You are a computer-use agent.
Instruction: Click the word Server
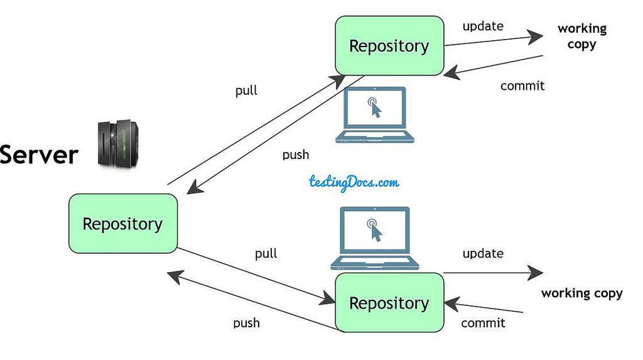(39, 155)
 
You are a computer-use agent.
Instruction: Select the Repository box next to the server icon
(122, 224)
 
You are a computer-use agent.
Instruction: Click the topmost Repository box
(389, 46)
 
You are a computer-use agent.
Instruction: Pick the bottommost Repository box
(389, 303)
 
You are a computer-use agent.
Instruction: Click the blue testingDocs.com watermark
(354, 182)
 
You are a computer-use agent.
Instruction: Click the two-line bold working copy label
(582, 36)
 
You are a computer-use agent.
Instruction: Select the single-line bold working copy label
(582, 293)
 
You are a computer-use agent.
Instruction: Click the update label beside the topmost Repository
(483, 26)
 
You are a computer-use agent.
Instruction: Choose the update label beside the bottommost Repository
(483, 253)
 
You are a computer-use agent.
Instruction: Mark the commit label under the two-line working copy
(522, 86)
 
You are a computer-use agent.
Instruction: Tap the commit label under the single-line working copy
(483, 323)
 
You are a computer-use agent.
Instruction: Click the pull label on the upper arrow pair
(246, 90)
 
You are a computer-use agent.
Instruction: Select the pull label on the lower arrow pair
(266, 254)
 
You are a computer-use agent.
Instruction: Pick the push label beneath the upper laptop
(295, 155)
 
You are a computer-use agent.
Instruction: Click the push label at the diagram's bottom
(246, 323)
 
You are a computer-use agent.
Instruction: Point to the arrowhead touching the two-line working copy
(535, 36)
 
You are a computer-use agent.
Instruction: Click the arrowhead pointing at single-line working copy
(536, 273)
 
